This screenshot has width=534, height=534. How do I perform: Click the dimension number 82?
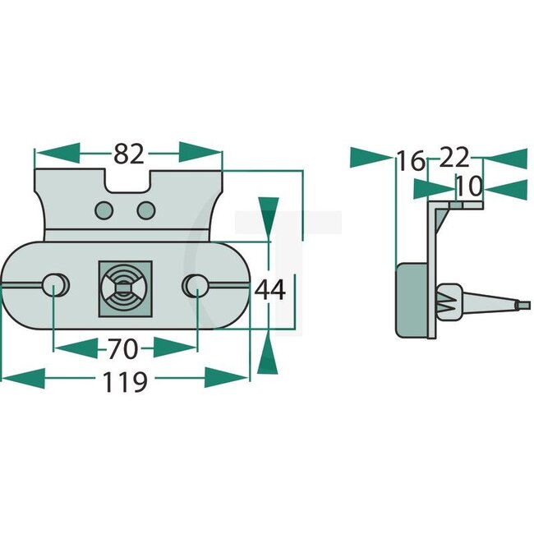coord(129,154)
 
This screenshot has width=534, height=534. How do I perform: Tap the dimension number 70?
coord(123,349)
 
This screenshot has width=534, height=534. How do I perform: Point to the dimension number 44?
coord(269,290)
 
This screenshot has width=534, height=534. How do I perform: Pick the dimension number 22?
coord(454,157)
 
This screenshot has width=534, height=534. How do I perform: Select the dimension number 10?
coord(468,187)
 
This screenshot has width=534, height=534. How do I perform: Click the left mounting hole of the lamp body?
coord(55,284)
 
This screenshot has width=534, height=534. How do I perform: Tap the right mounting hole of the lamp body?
coord(197,284)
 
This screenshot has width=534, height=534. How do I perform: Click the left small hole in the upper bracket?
coord(104,210)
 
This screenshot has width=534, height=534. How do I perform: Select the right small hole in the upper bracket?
coord(146,210)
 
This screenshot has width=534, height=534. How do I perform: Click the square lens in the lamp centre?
coord(125,288)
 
